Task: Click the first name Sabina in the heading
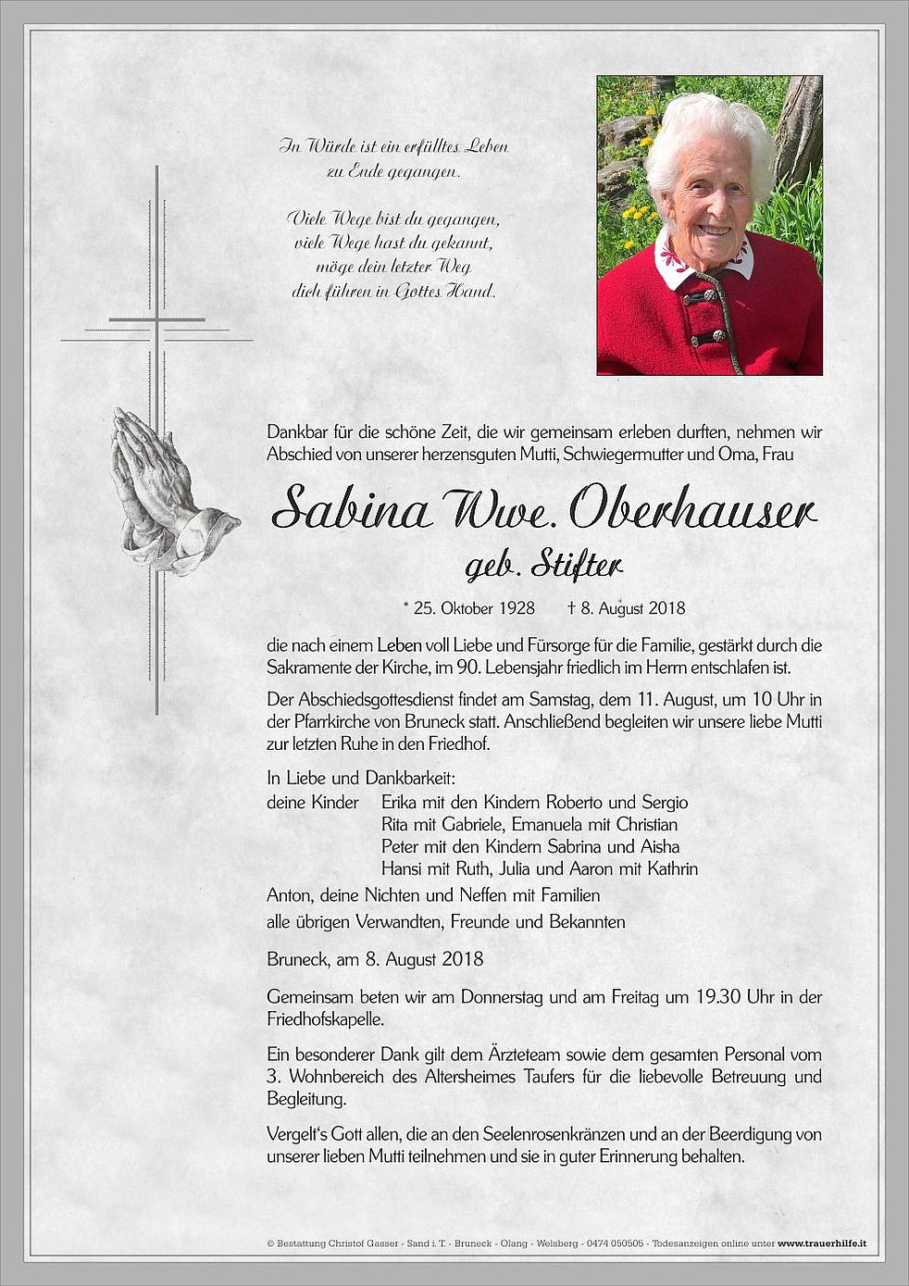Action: tap(353, 508)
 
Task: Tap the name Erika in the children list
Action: tap(402, 803)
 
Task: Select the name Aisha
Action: tap(659, 846)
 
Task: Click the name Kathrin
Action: tap(672, 868)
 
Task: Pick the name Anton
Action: tap(288, 895)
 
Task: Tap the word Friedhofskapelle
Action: tap(324, 1019)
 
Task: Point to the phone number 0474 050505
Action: tap(615, 1243)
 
